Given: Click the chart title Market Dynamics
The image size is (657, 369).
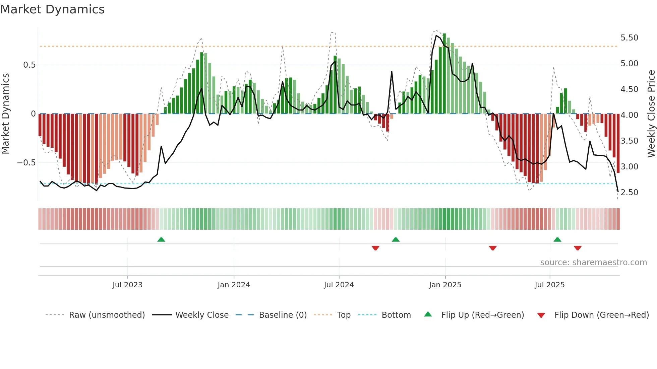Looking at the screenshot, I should [52, 9].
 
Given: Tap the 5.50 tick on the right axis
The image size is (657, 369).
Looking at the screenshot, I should [629, 38].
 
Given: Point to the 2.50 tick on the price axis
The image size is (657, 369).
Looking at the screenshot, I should [629, 193].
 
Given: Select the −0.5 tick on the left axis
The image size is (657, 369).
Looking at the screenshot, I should [26, 163].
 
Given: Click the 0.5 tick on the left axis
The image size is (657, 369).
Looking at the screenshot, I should [29, 65].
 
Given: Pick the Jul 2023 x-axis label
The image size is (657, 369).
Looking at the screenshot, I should [127, 285].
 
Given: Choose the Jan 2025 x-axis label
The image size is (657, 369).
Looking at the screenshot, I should [445, 285].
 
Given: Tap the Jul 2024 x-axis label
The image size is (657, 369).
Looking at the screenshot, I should [339, 285].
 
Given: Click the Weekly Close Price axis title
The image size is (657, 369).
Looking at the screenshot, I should [651, 114].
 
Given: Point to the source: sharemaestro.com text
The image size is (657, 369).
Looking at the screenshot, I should [593, 263].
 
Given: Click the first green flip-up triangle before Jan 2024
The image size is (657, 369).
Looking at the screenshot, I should [161, 239].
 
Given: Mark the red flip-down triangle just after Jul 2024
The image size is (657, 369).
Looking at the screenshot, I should [375, 248].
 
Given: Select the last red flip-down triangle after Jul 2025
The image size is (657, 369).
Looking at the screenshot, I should [578, 248].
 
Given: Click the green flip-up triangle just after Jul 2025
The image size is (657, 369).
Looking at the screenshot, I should [557, 239].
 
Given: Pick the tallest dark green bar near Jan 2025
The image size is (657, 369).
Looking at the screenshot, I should [444, 74].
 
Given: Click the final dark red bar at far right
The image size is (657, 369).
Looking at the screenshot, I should [618, 143].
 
